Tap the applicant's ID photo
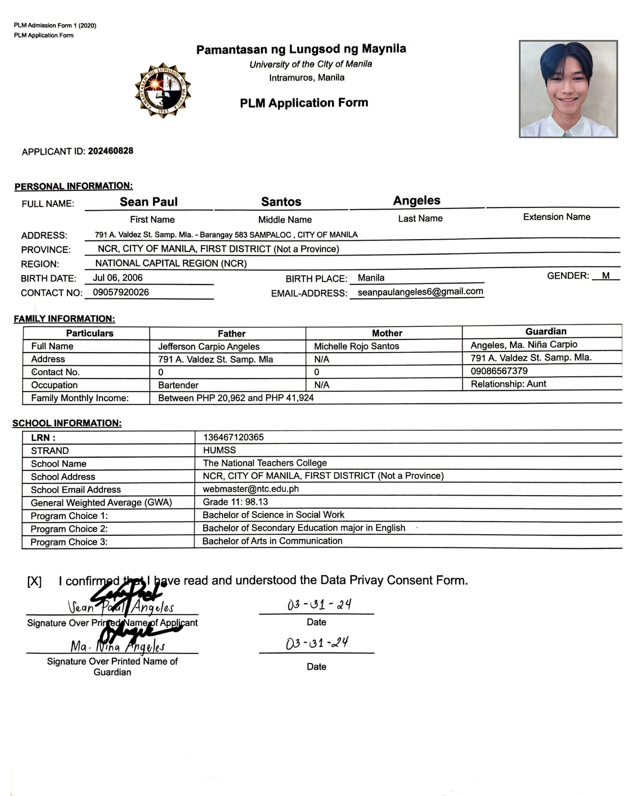point(568,89)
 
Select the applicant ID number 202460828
point(110,151)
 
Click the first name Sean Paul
point(148,202)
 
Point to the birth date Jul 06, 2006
point(118,278)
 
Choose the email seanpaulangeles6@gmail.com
point(420,291)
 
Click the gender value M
point(606,276)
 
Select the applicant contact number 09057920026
point(121,292)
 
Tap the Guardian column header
point(545,331)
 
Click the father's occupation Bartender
point(178,385)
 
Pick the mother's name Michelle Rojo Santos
point(356,346)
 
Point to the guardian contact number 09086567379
point(498,371)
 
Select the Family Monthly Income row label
point(80,398)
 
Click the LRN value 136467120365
point(233,437)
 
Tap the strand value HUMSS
point(219,450)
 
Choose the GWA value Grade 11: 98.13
point(235,502)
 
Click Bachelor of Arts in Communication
point(272,541)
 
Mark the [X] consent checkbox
point(34,582)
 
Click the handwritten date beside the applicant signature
point(319,604)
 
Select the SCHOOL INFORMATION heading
point(67,423)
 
